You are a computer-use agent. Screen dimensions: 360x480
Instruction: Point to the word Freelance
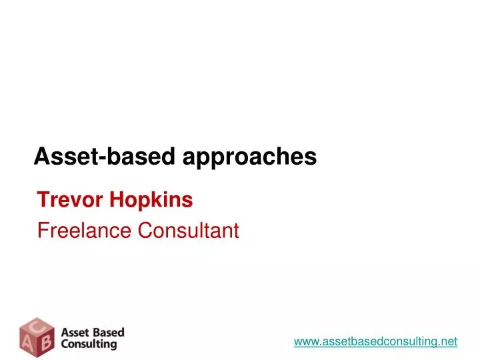(84, 231)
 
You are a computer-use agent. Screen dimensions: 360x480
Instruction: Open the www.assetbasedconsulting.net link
(375, 341)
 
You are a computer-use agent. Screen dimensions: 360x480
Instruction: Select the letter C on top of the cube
(37, 324)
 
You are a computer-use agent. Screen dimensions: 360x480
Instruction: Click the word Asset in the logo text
(75, 332)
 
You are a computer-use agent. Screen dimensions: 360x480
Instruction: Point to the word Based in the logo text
(107, 332)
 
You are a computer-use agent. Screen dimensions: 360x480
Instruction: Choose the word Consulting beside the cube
(89, 345)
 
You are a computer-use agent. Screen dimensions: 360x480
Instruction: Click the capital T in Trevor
(42, 199)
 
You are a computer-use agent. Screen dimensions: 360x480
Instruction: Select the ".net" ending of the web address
(449, 341)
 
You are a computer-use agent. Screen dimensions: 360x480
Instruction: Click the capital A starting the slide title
(41, 156)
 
